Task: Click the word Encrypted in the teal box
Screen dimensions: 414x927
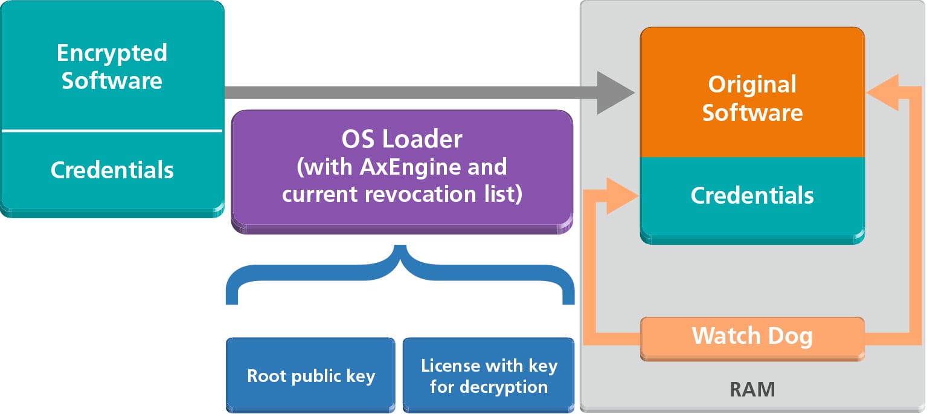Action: pyautogui.click(x=112, y=53)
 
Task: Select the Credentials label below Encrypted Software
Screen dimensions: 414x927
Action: pyautogui.click(x=112, y=170)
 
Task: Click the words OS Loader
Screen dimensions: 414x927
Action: pyautogui.click(x=402, y=140)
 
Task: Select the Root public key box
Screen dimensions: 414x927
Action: pyautogui.click(x=310, y=376)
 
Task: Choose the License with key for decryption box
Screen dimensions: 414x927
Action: pyautogui.click(x=489, y=376)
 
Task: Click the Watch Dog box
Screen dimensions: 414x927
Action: pyautogui.click(x=752, y=336)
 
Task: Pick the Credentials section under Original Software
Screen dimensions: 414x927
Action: pyautogui.click(x=752, y=196)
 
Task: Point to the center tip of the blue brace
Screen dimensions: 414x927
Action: pyautogui.click(x=400, y=250)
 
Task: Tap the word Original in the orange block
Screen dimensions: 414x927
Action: pyautogui.click(x=752, y=84)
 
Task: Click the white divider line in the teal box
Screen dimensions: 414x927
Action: pyautogui.click(x=112, y=131)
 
